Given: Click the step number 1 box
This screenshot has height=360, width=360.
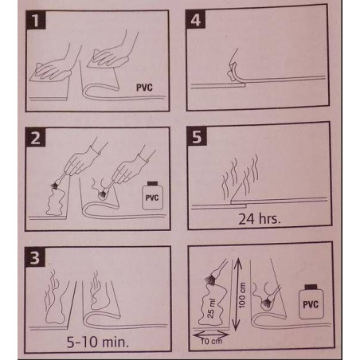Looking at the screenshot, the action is [x=36, y=20].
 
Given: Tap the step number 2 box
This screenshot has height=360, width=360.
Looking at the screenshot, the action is [x=35, y=137].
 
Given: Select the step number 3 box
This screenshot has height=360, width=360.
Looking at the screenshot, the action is [x=35, y=257].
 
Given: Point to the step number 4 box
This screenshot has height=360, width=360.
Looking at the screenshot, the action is [x=196, y=19].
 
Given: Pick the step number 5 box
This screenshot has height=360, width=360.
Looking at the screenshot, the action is [x=197, y=136].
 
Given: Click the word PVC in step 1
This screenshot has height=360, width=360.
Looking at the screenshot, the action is [x=144, y=88].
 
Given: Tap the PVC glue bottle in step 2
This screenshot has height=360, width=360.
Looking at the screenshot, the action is [x=152, y=196].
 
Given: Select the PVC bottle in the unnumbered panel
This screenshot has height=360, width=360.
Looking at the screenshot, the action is [x=311, y=302].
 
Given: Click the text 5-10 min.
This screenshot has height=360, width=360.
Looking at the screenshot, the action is [x=98, y=342].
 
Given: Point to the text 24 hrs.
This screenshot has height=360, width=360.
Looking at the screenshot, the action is [x=260, y=219].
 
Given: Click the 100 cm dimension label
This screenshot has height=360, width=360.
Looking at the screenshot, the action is [x=242, y=295].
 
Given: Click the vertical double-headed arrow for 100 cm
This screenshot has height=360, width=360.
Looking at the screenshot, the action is [x=236, y=294].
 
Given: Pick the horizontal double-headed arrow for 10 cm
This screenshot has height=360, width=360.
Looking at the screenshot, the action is [x=211, y=334].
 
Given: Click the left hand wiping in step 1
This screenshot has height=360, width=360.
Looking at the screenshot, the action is [x=54, y=68].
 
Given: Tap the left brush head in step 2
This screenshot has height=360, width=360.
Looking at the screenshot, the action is [x=56, y=186].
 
